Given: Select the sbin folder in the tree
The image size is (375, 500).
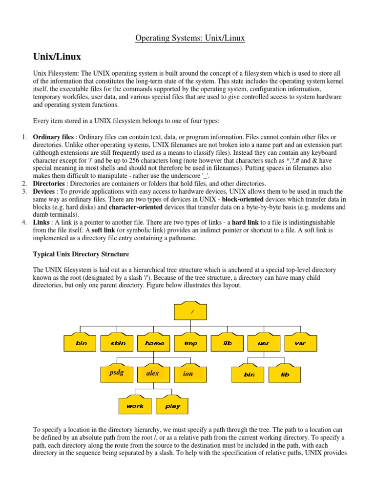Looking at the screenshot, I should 118,343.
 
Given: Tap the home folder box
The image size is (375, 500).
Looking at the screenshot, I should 154,343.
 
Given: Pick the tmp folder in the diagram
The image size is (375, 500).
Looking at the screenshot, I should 190,343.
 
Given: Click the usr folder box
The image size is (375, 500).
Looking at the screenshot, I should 263,343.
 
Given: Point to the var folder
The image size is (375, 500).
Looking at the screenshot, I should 300,343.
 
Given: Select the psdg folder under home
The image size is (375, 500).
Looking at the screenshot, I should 117,374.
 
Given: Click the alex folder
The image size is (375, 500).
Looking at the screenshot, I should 153,374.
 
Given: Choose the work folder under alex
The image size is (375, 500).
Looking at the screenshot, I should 135,406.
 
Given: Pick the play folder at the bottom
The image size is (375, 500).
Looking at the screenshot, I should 172,406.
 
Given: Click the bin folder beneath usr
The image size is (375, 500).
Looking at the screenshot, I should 249,375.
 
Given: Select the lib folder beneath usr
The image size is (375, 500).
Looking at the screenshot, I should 285,375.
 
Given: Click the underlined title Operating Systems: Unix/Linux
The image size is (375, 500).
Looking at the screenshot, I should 190,38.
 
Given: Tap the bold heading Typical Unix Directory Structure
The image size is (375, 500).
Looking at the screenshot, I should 81,254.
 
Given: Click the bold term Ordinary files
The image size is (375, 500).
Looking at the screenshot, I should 54,137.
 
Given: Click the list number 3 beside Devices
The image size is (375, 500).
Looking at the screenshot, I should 23,191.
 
